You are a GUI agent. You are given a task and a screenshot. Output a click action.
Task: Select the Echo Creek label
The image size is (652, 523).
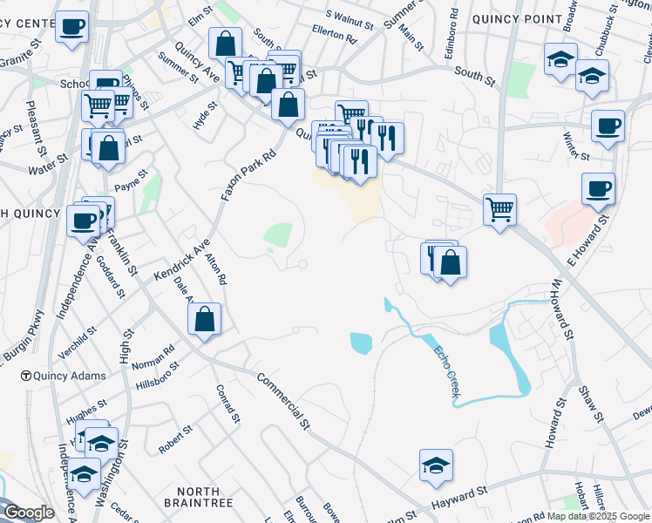coord(445,373)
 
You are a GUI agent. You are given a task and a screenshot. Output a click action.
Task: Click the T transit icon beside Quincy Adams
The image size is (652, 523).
coord(26,377)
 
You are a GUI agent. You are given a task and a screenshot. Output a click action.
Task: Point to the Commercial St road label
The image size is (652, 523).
coord(284,401)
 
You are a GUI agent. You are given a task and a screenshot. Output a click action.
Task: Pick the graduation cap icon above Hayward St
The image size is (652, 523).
coord(436,465)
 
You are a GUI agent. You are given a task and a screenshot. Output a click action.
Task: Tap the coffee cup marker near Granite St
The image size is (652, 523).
coord(72,25)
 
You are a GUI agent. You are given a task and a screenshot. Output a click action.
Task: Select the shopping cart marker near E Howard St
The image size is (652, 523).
coord(499,208)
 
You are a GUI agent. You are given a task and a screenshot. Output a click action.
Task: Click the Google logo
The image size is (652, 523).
coord(28,513)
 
